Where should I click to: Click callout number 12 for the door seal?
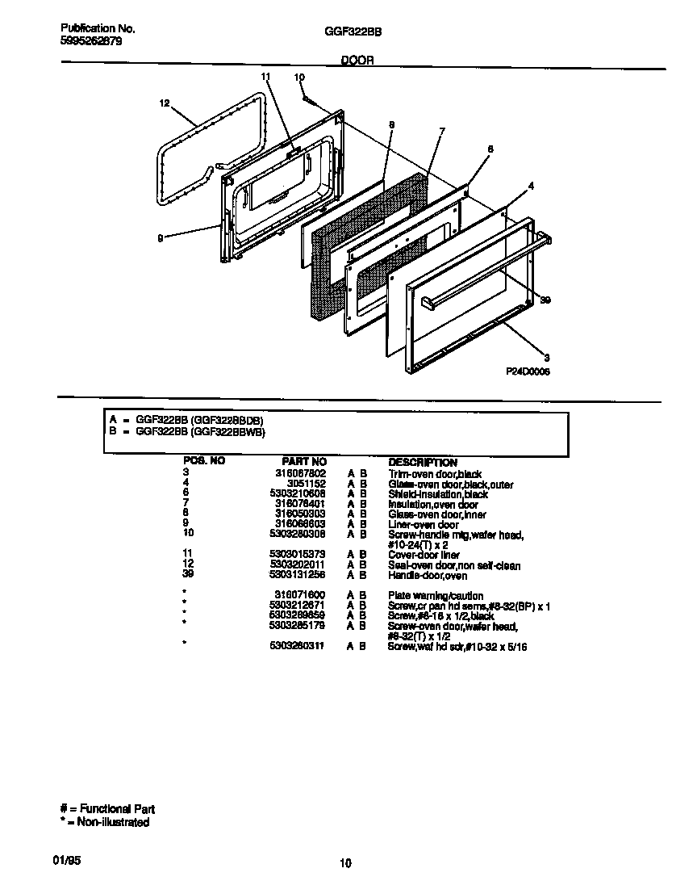165,103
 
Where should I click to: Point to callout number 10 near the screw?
299,78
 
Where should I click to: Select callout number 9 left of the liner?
161,237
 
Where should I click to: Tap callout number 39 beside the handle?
545,300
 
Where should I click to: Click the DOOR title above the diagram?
357,61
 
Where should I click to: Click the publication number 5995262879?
91,40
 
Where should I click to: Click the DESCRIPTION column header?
423,462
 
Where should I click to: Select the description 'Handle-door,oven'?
428,575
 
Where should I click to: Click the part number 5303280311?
298,647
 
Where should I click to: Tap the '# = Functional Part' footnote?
107,808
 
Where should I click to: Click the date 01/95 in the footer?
70,861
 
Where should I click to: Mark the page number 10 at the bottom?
345,863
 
